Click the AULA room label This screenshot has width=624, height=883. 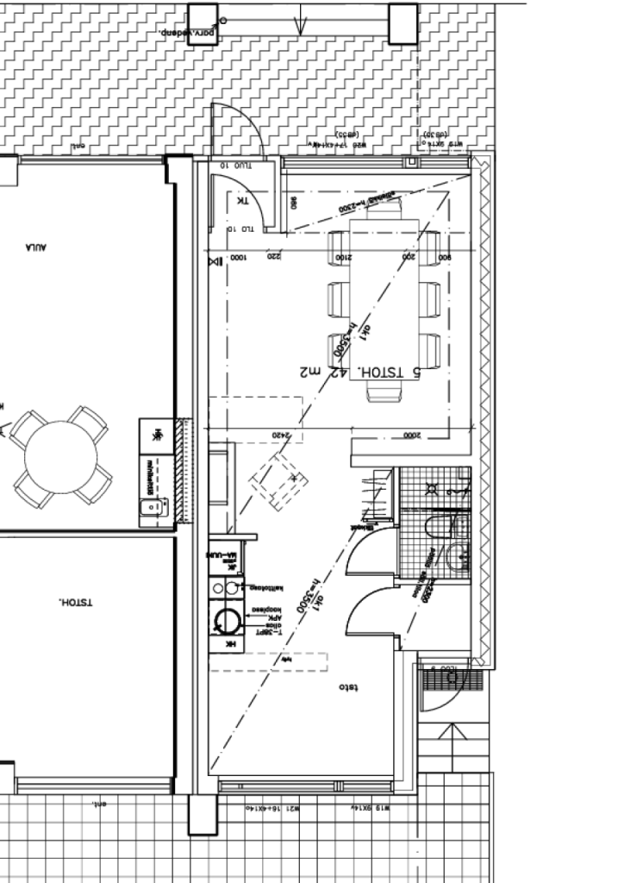point(35,247)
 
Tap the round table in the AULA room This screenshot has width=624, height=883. point(61,456)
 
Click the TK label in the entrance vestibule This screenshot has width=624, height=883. point(242,201)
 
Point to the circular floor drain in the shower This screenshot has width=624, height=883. point(432,489)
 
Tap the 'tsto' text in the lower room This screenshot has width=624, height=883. point(348,687)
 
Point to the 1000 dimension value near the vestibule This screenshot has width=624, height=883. point(237,257)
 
